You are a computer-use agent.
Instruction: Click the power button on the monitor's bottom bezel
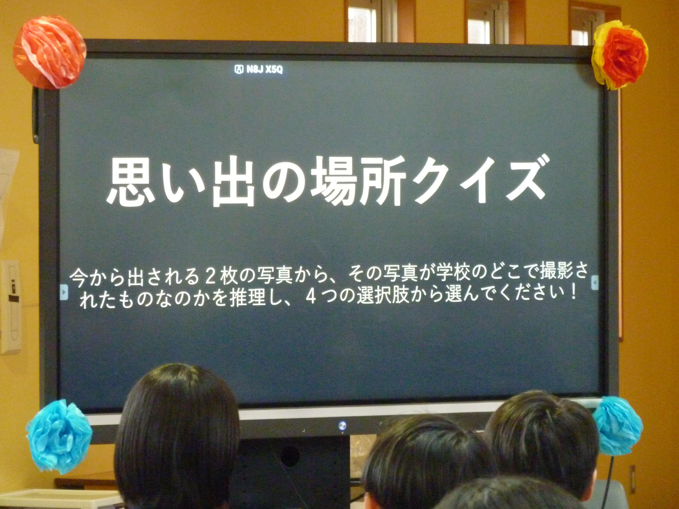point(342,425)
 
